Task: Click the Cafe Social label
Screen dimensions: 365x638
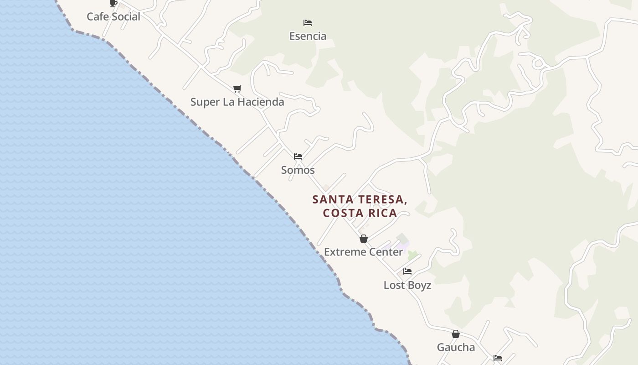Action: tap(113, 16)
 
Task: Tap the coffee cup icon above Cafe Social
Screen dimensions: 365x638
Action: tap(113, 4)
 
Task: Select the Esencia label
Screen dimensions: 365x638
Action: tap(308, 36)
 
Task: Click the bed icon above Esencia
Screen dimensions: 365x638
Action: tap(308, 22)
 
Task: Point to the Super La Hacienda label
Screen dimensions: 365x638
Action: tap(237, 102)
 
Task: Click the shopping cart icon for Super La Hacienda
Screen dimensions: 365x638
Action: tap(237, 89)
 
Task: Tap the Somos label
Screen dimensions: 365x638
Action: tap(298, 170)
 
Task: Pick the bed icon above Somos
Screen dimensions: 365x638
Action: tap(298, 156)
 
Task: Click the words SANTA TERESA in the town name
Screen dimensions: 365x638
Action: tap(360, 199)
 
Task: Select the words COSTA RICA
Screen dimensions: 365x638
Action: tap(360, 213)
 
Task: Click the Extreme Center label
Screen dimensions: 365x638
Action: tap(363, 252)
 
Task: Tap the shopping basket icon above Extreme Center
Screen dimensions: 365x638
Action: tap(364, 239)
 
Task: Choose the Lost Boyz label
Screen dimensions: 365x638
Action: tap(407, 285)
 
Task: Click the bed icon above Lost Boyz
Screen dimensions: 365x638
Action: tap(407, 271)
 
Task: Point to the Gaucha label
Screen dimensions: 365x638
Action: tap(456, 347)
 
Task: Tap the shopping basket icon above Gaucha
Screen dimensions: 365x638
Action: tap(455, 334)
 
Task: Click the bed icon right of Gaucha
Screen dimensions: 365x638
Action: tap(498, 358)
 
